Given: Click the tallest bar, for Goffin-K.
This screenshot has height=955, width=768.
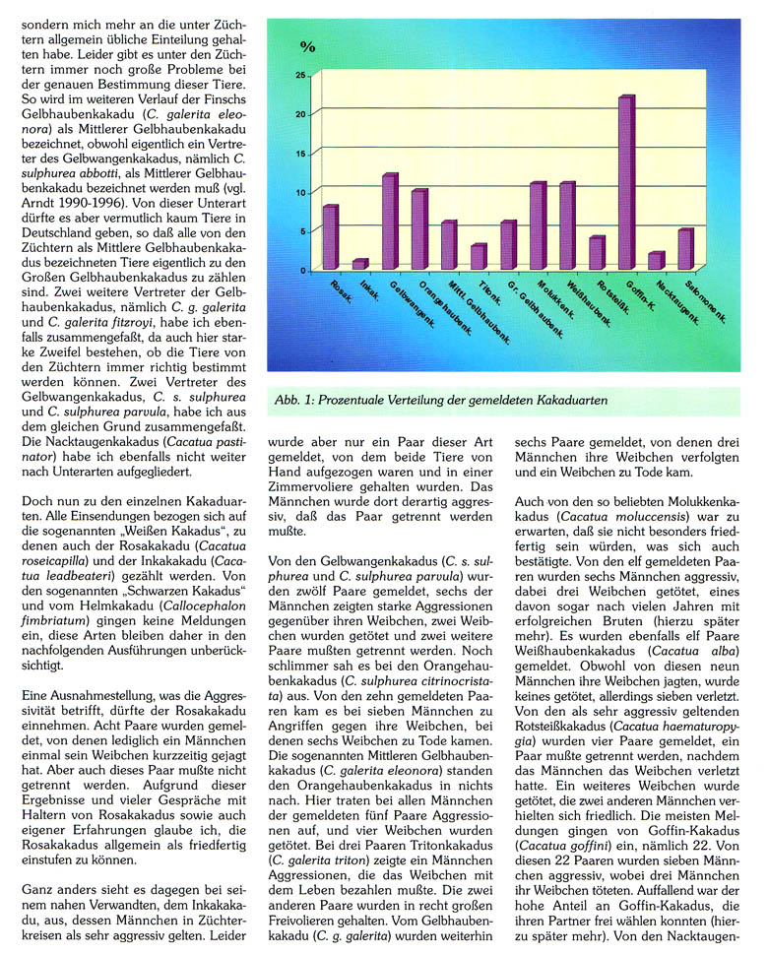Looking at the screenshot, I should pos(626,182).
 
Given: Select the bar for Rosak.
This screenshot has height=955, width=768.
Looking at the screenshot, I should pos(330,237).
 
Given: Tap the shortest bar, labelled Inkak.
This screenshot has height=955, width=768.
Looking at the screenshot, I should pos(359,264).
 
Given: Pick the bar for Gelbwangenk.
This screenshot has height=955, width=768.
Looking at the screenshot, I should pos(390,222).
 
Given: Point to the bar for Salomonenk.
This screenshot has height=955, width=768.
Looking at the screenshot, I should pos(685,249).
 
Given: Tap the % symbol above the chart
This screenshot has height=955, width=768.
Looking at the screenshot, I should pos(307,46).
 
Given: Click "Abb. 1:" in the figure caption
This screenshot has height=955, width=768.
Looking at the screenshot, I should pos(299,400).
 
